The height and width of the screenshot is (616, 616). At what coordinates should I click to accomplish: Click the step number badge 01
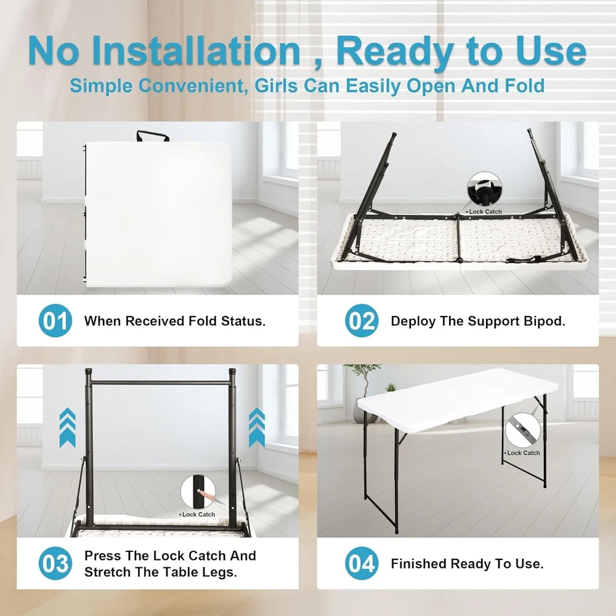(55, 320)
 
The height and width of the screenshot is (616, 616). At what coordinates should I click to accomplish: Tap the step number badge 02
(362, 320)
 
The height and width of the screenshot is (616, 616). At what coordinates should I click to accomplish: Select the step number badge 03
(55, 564)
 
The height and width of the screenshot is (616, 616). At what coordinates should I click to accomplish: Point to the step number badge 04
(362, 564)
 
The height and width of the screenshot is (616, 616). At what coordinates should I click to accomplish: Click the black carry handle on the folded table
(153, 136)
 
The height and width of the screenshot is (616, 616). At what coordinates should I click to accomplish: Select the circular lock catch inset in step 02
(484, 188)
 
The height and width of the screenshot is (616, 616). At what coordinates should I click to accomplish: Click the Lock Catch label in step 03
(198, 514)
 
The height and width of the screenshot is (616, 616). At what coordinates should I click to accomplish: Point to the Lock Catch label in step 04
(523, 453)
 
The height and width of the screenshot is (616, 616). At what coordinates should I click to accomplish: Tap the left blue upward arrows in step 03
(67, 428)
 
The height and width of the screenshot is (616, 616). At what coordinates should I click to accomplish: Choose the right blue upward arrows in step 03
(257, 428)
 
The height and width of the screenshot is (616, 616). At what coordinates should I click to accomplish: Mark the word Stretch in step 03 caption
(108, 572)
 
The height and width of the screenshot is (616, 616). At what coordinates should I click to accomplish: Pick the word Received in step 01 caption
(155, 321)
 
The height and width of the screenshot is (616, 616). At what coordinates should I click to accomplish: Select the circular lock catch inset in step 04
(522, 431)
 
